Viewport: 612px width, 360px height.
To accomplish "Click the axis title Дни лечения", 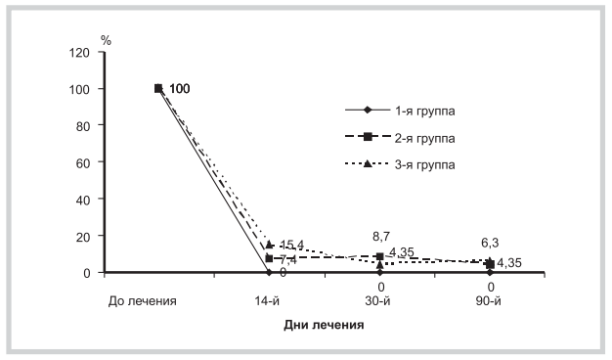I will coord(324,326).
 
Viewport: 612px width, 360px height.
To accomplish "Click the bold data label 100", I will coord(179,89).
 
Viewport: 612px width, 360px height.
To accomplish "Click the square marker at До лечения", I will coord(158,89).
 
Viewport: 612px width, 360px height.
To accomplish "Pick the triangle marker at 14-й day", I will coord(269,244).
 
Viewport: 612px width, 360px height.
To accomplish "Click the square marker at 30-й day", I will coord(379,256).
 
